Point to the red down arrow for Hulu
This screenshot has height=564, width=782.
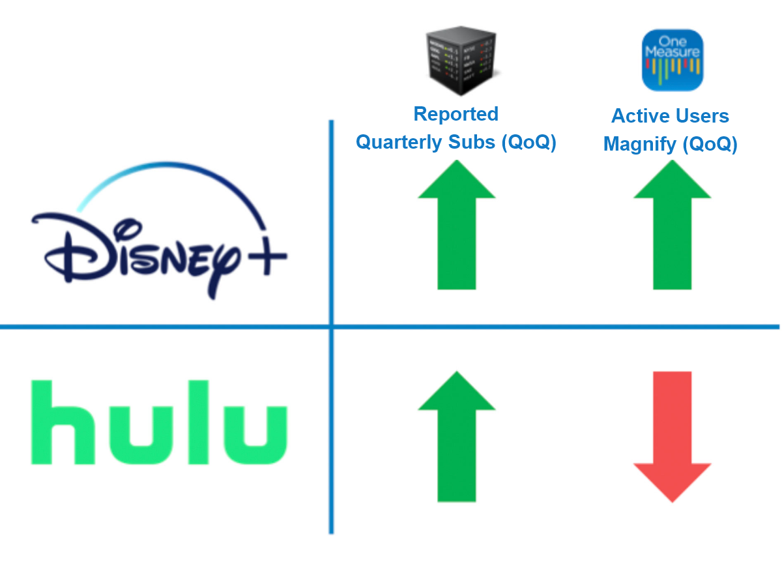coord(672,436)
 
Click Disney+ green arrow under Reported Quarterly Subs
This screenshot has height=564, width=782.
coord(456,225)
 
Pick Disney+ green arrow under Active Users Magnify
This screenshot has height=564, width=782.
coord(672,225)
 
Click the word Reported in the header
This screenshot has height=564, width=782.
coord(456,114)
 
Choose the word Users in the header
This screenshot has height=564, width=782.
coord(701,116)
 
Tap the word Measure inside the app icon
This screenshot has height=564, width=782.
coord(672,52)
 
